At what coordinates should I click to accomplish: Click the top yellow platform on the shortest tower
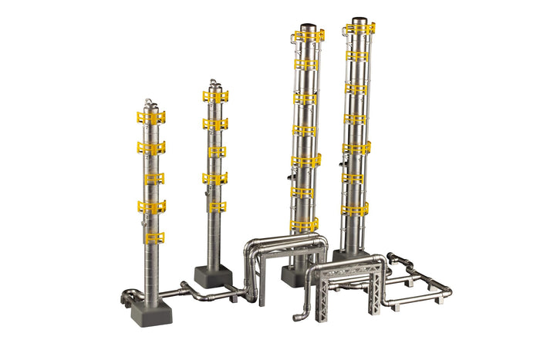(151, 118)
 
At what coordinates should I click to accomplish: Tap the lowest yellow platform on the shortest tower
(154, 237)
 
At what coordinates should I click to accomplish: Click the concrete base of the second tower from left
(213, 275)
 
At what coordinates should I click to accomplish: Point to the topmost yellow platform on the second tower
(215, 96)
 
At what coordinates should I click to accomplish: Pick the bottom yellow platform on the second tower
(217, 207)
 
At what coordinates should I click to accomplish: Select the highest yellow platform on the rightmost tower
(360, 29)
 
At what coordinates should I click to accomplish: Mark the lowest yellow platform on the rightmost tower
(355, 209)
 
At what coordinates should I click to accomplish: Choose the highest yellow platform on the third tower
(308, 35)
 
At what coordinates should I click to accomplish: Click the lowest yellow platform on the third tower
(304, 224)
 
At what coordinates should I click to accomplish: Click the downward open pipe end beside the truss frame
(297, 316)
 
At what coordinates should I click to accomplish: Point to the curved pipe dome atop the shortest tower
(150, 104)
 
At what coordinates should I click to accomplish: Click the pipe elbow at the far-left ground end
(128, 294)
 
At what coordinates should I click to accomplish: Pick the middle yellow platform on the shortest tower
(154, 178)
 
